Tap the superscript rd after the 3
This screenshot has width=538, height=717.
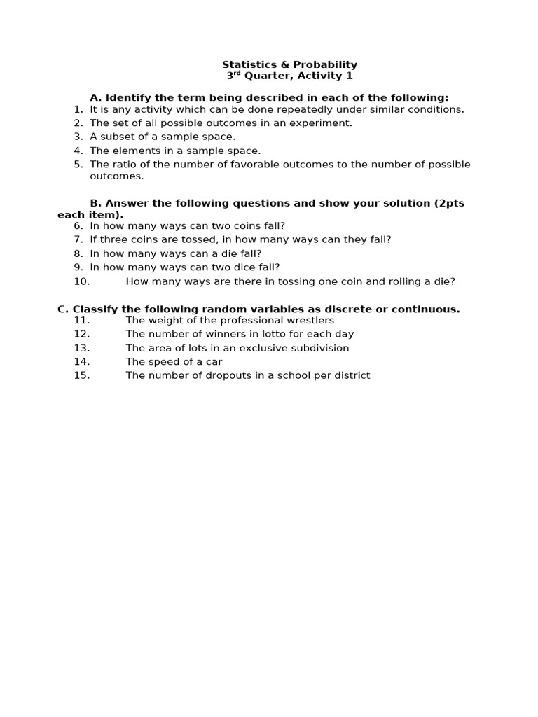(x=237, y=74)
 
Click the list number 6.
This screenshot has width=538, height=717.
(x=78, y=225)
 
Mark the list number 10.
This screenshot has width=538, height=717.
(x=82, y=281)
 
